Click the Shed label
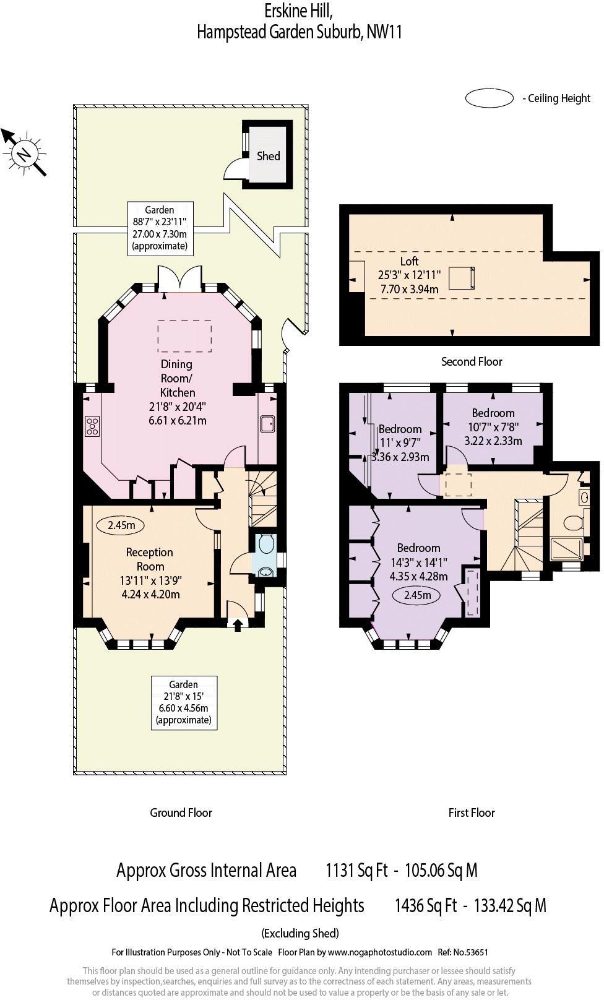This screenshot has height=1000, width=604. point(268,157)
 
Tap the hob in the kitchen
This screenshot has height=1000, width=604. point(92,426)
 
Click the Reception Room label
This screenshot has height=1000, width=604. point(150,559)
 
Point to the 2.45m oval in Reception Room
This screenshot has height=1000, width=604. point(121,525)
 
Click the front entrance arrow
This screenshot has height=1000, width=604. point(238,624)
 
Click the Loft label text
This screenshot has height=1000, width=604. point(409,261)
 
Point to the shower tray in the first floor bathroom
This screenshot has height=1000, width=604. point(566,549)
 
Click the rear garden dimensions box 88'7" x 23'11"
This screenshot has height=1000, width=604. point(160,228)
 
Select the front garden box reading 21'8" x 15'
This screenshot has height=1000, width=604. point(184,702)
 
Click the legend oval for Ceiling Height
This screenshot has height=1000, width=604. point(489,98)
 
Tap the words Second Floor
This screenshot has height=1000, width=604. point(472,361)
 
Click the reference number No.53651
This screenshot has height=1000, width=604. point(471,952)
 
